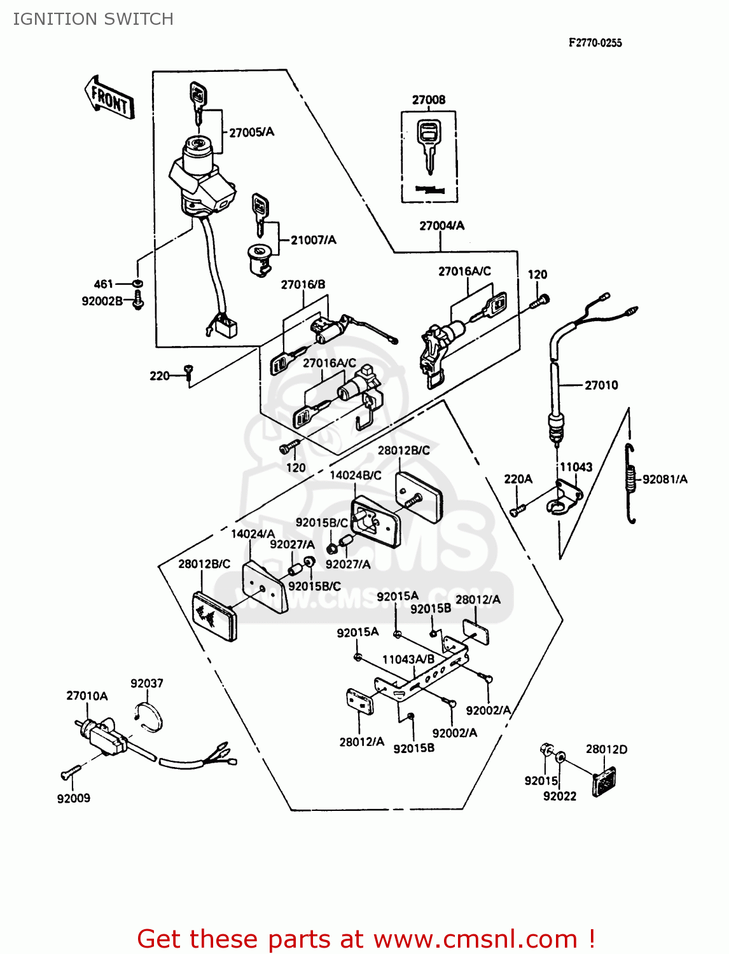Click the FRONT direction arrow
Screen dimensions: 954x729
click(109, 98)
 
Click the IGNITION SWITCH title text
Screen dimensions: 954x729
click(93, 19)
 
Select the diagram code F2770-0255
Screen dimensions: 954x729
click(595, 43)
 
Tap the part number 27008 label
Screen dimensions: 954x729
click(428, 100)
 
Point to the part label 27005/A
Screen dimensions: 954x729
click(251, 132)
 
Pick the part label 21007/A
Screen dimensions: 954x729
click(313, 240)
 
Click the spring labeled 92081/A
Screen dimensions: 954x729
click(630, 483)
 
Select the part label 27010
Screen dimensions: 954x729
click(601, 385)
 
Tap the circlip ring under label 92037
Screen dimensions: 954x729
click(150, 717)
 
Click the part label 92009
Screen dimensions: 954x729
click(73, 798)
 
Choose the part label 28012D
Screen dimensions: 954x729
click(606, 749)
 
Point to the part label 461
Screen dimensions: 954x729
click(103, 284)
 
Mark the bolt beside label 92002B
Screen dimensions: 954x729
click(137, 301)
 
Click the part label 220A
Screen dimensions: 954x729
click(518, 479)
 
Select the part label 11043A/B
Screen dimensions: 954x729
click(408, 660)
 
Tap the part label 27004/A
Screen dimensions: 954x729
click(441, 225)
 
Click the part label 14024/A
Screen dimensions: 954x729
click(253, 534)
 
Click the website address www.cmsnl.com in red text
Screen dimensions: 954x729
click(475, 939)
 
